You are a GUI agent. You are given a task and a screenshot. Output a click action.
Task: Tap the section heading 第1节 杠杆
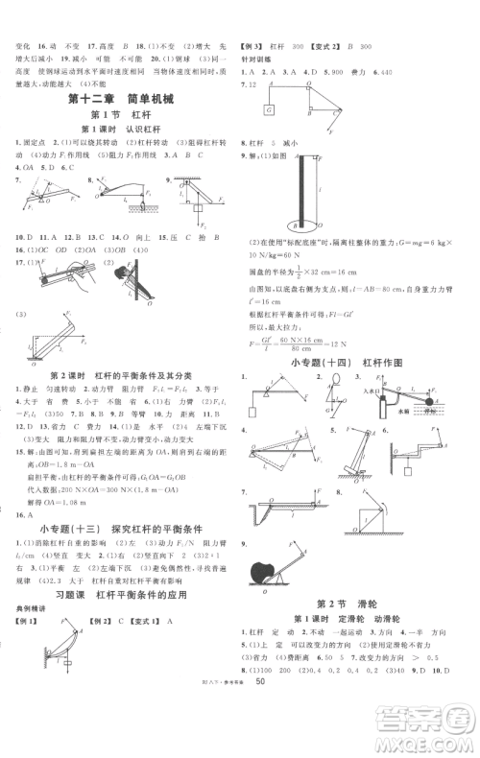[121, 114]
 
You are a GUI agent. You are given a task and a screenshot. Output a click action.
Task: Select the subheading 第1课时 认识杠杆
[121, 130]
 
